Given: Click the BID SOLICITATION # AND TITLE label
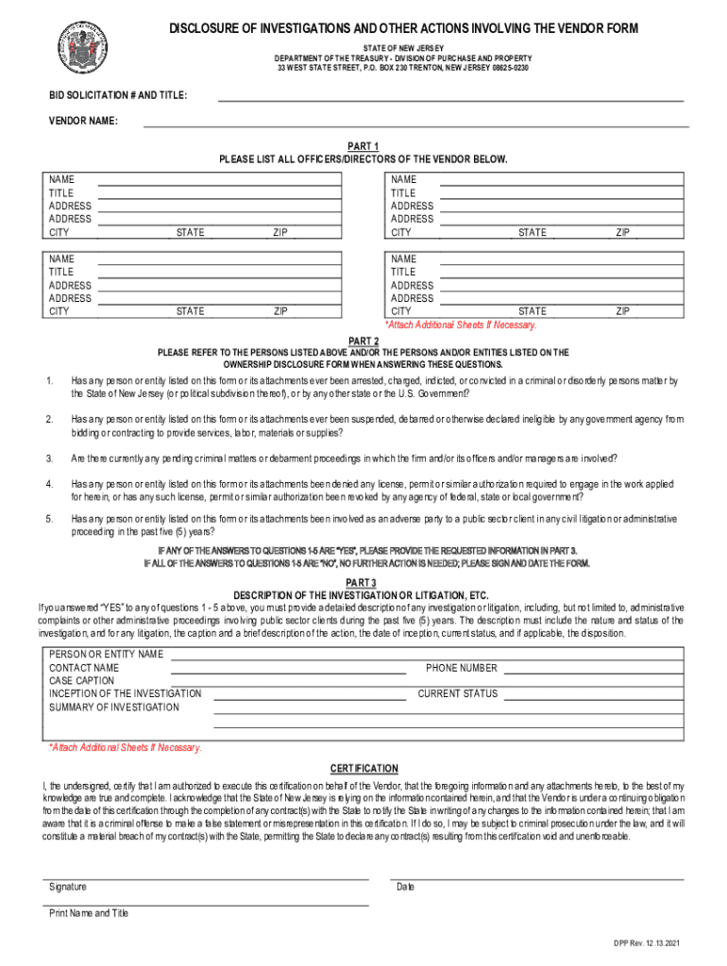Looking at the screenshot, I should pyautogui.click(x=117, y=96).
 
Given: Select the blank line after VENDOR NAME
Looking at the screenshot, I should pyautogui.click(x=415, y=123).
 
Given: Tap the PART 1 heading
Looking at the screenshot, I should pyautogui.click(x=363, y=147).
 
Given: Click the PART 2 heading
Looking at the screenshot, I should pyautogui.click(x=363, y=341).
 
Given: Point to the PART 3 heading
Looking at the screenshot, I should pyautogui.click(x=363, y=582).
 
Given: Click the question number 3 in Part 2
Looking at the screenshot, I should pyautogui.click(x=49, y=458).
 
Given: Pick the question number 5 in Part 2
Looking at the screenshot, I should pyautogui.click(x=49, y=519).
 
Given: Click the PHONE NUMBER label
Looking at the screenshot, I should pyautogui.click(x=461, y=668).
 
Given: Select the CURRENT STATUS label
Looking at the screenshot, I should pyautogui.click(x=457, y=693).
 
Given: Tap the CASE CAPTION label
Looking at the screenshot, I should pyautogui.click(x=81, y=680).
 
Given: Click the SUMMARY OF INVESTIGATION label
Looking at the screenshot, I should pyautogui.click(x=113, y=707).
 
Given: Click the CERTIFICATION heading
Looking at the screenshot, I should pyautogui.click(x=363, y=769).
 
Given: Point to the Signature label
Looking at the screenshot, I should pyautogui.click(x=68, y=887).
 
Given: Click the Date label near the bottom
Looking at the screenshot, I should pyautogui.click(x=405, y=887).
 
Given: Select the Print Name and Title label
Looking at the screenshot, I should pyautogui.click(x=89, y=913).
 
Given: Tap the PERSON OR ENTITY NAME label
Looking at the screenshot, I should pyautogui.click(x=106, y=654).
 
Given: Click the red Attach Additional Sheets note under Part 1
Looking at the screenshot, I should pyautogui.click(x=460, y=325).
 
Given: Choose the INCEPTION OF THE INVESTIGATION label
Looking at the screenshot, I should pyautogui.click(x=125, y=693).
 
